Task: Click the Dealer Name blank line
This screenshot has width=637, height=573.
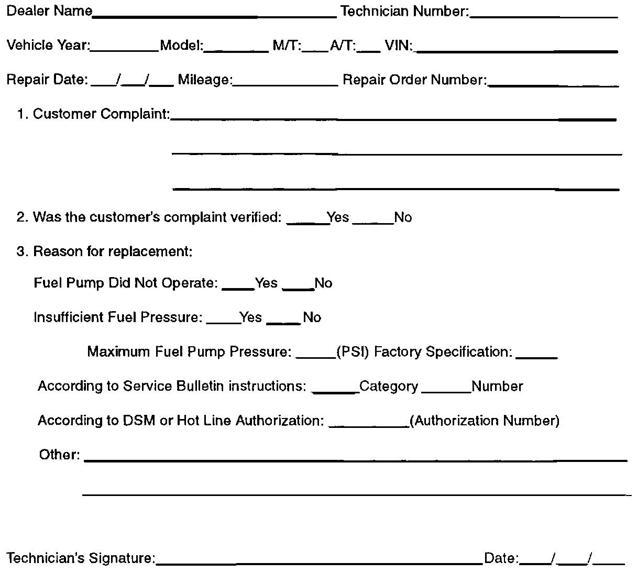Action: pos(214,15)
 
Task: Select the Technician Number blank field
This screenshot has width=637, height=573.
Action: pos(544,15)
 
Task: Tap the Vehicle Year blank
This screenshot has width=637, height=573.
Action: pos(125,49)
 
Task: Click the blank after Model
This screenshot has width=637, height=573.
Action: pos(236,49)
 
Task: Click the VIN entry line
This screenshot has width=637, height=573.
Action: pos(516,49)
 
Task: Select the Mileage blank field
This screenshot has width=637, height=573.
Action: pos(285,84)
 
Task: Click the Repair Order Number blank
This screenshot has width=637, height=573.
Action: pos(553,84)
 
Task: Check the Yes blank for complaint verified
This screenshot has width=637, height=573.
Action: pos(306,222)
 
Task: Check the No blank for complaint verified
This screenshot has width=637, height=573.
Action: pos(373,222)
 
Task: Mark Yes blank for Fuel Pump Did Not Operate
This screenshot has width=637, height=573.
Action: pos(238,287)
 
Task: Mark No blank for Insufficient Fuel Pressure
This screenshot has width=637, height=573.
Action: pos(283,322)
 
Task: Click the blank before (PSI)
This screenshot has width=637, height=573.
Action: pos(316,356)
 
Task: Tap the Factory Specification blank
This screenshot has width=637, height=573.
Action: pos(536,356)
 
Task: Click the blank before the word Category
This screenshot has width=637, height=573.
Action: pos(335,390)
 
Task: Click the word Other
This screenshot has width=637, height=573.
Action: pos(59,455)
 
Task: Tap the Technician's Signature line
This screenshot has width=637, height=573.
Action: pos(319,563)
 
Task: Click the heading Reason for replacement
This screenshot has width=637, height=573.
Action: pos(113,252)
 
